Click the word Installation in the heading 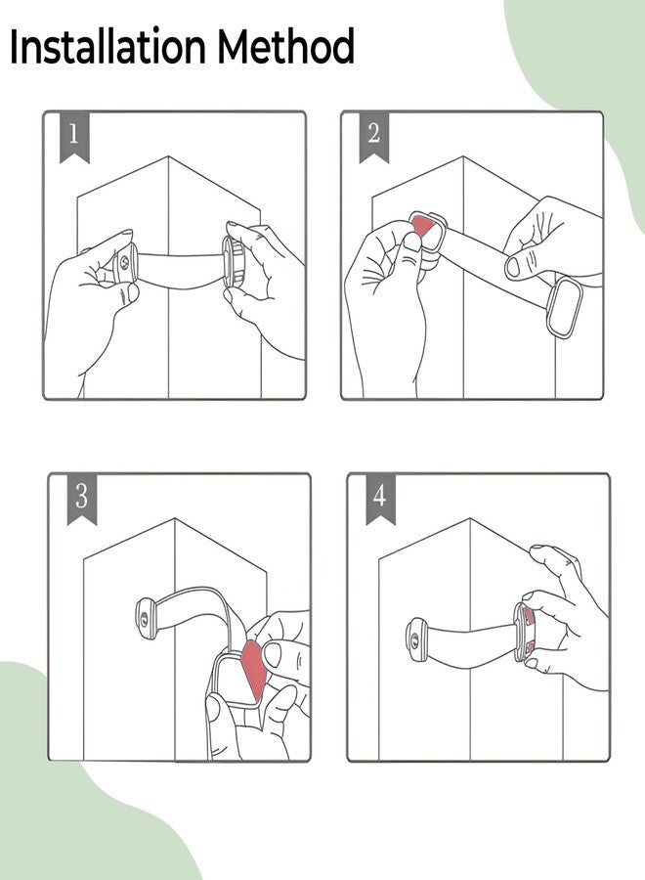[107, 46]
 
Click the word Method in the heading [286, 46]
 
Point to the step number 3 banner [81, 498]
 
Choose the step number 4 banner [380, 498]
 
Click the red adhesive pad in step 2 [424, 227]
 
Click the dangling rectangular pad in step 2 [565, 308]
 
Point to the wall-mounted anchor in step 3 [148, 620]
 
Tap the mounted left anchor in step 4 [416, 639]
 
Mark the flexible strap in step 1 [180, 271]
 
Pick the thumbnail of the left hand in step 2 [413, 242]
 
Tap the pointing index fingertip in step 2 [514, 267]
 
